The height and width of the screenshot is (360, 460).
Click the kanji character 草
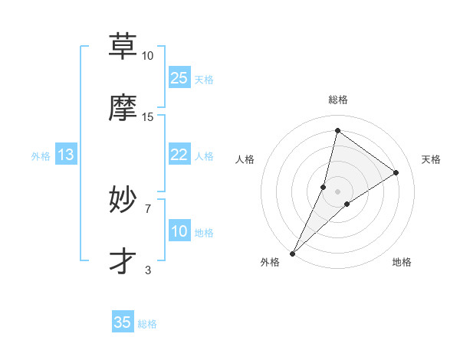tap(123, 47)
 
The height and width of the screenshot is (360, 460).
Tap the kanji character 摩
tap(123, 107)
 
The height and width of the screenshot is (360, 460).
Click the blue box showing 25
tap(179, 77)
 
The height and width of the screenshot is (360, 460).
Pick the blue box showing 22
tap(179, 155)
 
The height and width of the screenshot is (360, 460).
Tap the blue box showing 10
tap(179, 231)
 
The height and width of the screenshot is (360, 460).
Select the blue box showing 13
tap(66, 155)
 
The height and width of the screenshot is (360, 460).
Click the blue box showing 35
tap(123, 322)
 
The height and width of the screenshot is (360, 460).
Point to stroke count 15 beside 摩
tap(148, 117)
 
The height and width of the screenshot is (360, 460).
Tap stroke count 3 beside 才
tap(148, 270)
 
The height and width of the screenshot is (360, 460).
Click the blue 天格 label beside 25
tap(204, 80)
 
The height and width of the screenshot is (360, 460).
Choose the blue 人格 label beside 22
tap(204, 156)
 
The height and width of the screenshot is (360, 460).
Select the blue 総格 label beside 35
tap(147, 324)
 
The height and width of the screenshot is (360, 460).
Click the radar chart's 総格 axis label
tap(338, 100)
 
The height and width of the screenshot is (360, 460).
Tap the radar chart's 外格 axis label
tap(270, 263)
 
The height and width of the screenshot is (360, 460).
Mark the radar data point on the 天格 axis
tap(396, 172)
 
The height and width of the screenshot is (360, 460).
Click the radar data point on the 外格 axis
tap(292, 253)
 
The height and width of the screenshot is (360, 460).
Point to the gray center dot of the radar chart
tap(338, 180)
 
